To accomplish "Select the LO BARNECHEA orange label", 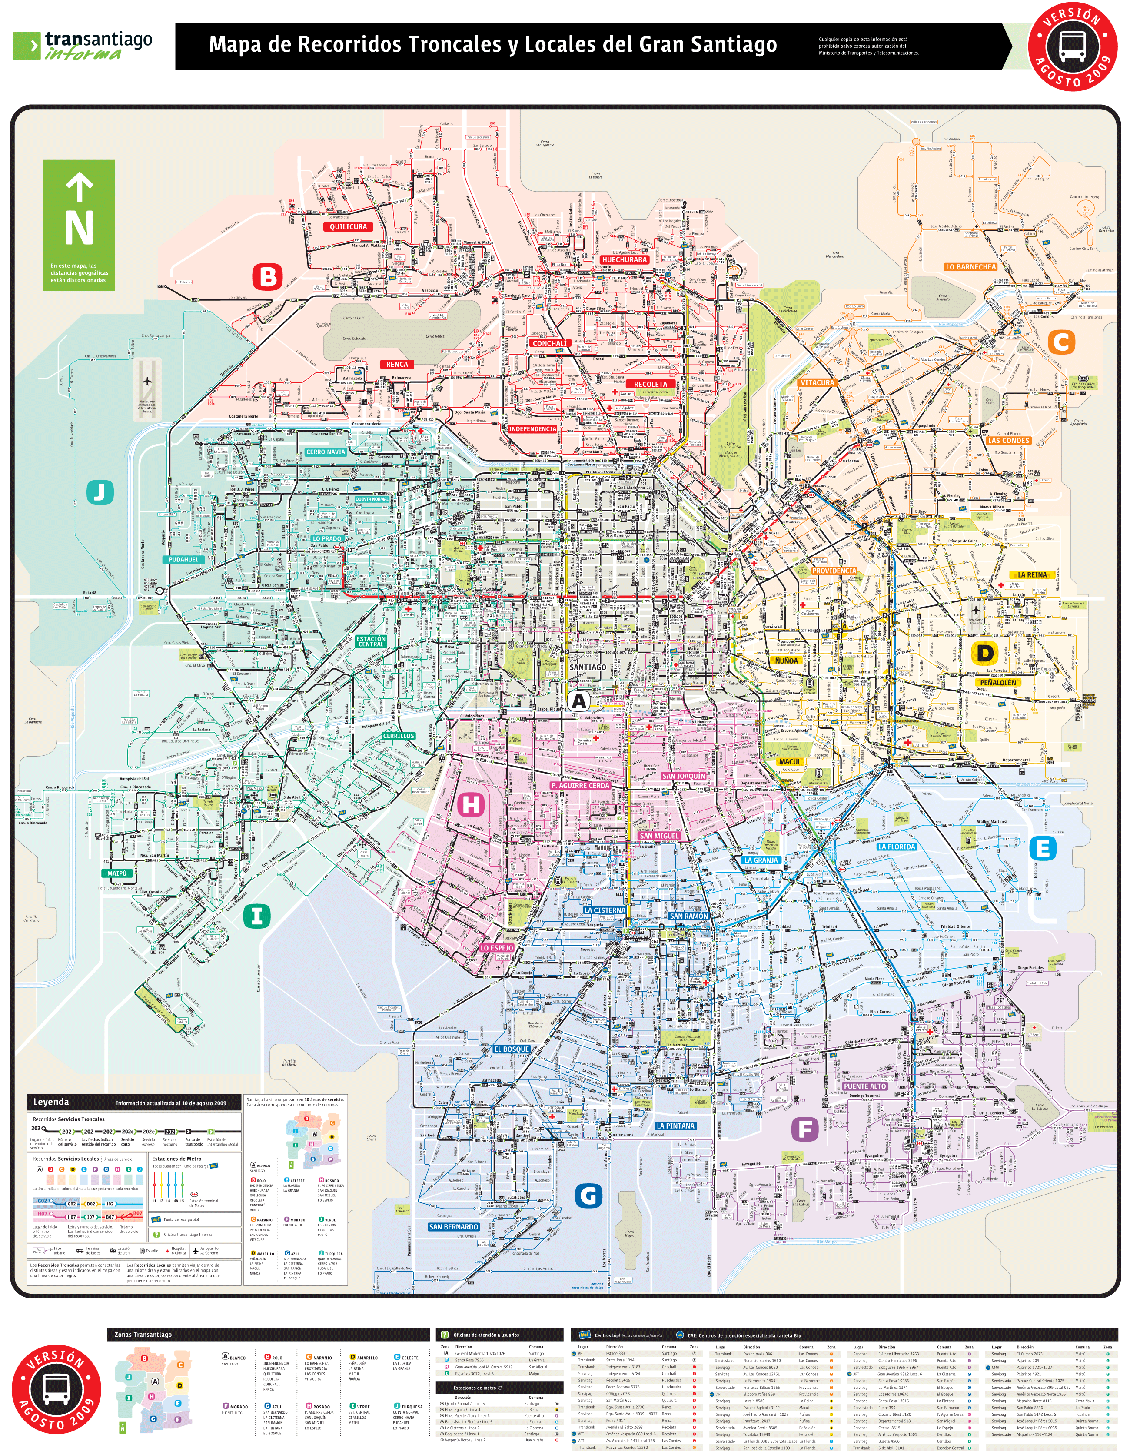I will [x=970, y=267].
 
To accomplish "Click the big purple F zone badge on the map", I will [x=804, y=1129].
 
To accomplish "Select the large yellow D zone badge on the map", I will [x=985, y=653].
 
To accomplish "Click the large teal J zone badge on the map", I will [x=100, y=492].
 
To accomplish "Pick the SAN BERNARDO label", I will [x=453, y=1226].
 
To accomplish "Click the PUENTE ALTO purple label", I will [x=864, y=1086].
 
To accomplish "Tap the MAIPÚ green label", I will [x=117, y=873].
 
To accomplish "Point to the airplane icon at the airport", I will [x=147, y=382].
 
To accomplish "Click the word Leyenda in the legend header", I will [x=51, y=1102].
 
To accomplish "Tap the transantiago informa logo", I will [x=83, y=46].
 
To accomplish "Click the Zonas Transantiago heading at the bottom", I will [x=143, y=1334].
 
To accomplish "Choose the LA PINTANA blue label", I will [x=675, y=1126].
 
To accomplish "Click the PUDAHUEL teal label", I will [x=183, y=559].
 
